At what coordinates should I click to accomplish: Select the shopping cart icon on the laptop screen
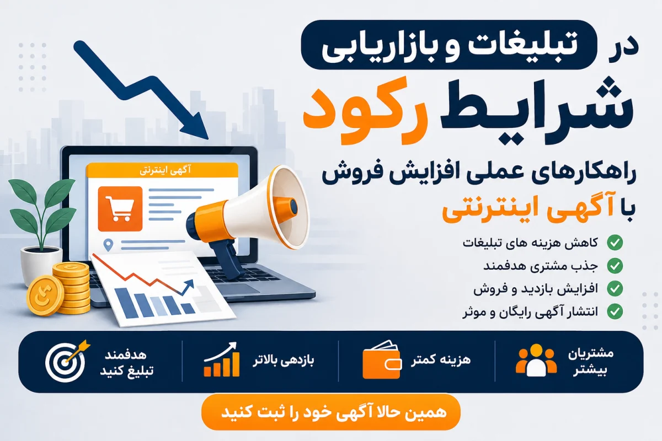click(120, 209)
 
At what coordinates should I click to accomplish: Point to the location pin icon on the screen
click(109, 245)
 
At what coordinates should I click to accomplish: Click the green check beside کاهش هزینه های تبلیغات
click(615, 243)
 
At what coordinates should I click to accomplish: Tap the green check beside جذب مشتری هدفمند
click(615, 266)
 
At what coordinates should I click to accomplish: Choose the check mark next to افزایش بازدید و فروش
click(615, 289)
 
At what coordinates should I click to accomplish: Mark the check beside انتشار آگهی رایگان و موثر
click(615, 311)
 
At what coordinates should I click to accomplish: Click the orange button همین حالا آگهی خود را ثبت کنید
click(330, 412)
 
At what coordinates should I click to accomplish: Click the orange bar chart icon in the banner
click(222, 360)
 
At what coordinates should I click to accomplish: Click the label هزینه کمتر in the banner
click(440, 360)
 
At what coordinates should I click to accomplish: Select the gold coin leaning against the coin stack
click(45, 295)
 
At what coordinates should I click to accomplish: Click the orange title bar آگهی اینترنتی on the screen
click(162, 170)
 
